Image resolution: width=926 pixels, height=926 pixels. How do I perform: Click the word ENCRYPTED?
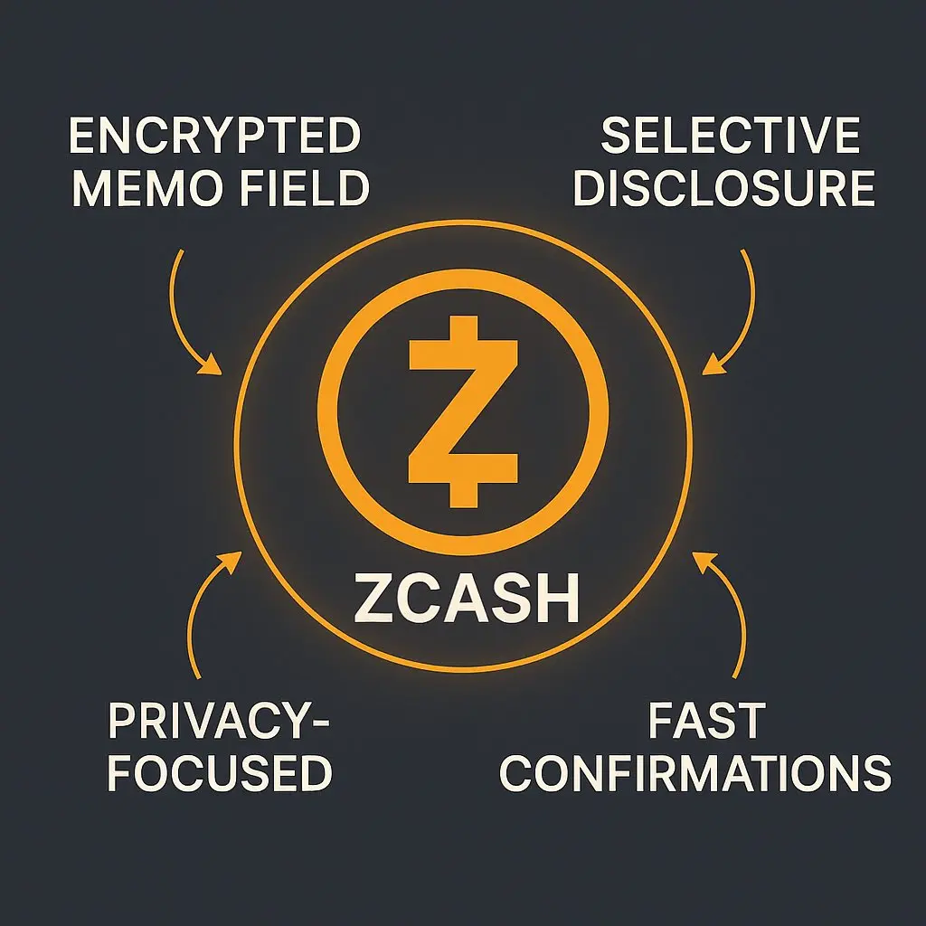pos(215,137)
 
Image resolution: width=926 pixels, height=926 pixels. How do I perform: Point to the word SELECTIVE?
pos(730,137)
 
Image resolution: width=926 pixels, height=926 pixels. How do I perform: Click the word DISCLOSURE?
pos(724,189)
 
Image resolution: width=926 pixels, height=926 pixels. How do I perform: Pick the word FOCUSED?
pos(220,774)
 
